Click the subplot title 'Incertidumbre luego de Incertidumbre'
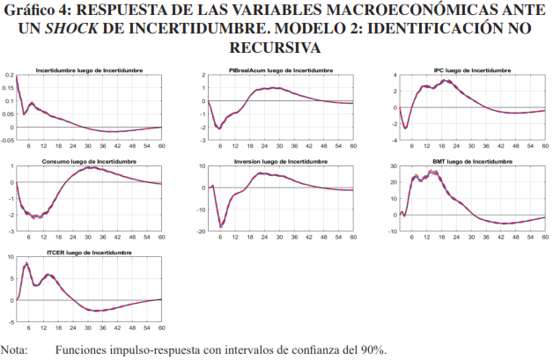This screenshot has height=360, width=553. pyautogui.click(x=91, y=69)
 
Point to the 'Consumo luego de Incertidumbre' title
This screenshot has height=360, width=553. pyautogui.click(x=91, y=161)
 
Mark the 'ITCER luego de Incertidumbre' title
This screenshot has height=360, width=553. pyautogui.click(x=91, y=253)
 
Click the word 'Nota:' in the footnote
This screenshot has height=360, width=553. pyautogui.click(x=15, y=350)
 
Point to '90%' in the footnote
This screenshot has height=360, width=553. pyautogui.click(x=370, y=350)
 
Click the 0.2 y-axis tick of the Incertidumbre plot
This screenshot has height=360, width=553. pyautogui.click(x=9, y=77)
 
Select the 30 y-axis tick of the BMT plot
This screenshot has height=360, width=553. pyautogui.click(x=388, y=169)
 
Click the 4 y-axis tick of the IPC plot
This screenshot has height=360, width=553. pyautogui.click(x=393, y=77)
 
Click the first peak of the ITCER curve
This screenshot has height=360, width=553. pyautogui.click(x=26, y=263)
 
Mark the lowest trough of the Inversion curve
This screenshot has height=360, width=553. pyautogui.click(x=220, y=226)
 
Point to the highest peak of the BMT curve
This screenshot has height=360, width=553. pyautogui.click(x=436, y=172)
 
